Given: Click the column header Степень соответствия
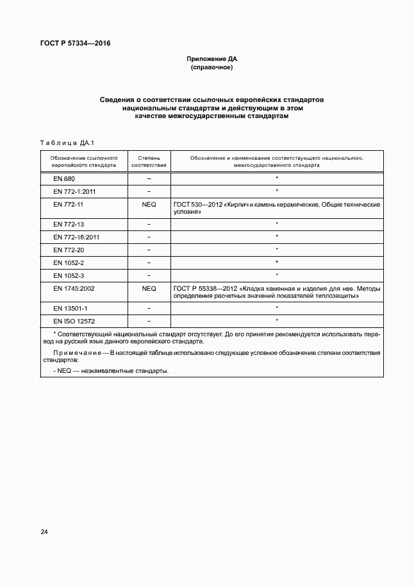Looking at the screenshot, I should point(149,160).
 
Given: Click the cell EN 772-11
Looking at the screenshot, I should point(69,203).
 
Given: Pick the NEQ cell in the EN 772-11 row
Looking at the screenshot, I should point(149,203).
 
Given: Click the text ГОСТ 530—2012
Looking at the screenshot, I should point(195,204).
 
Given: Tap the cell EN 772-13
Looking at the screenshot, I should point(69,224).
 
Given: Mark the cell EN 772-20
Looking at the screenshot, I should point(69,250).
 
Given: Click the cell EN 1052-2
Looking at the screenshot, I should point(69,263).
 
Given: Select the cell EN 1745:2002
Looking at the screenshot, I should point(74,288).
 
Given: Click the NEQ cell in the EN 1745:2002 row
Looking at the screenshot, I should point(149,288).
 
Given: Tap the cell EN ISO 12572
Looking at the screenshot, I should point(74,321).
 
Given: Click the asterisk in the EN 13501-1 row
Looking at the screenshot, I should point(276,308).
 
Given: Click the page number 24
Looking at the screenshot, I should point(44,532).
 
